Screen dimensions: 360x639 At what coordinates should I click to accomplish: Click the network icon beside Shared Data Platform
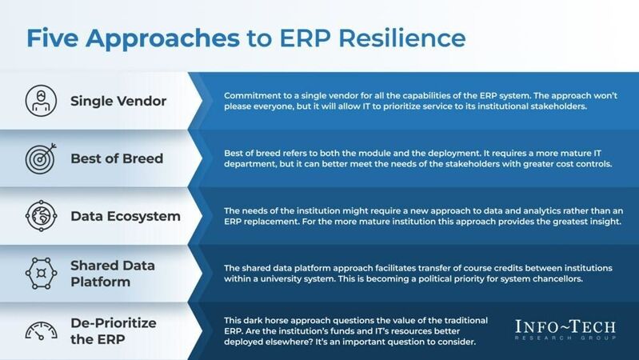click(38, 273)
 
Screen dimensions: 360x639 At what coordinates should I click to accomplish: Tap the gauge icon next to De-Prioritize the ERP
click(38, 330)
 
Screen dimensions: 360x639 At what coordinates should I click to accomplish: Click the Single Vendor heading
click(118, 102)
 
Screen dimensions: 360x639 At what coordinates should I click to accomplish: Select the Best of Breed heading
click(117, 158)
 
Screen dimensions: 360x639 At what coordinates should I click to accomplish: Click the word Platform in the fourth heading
click(102, 282)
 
